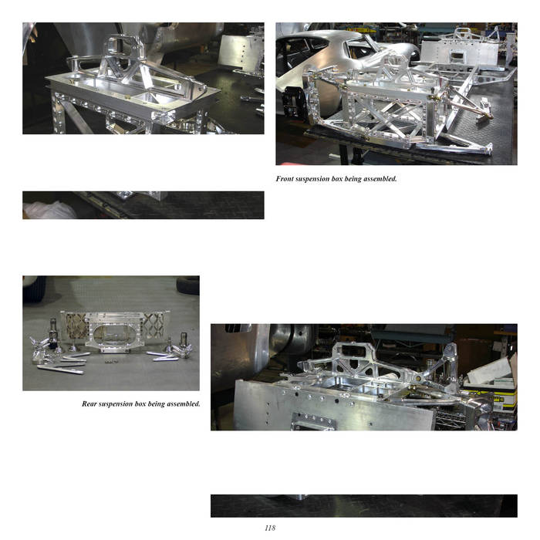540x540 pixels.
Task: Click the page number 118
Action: (270, 528)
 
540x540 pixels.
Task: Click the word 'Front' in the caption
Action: (285, 179)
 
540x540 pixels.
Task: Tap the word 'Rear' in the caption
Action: (89, 403)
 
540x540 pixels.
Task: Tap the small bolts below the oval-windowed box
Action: (110, 361)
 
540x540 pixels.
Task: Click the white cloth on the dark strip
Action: (50, 211)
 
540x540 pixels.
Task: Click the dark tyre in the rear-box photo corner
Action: (188, 285)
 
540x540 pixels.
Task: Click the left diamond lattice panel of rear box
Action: (75, 326)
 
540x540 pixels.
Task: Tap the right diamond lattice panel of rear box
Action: (154, 325)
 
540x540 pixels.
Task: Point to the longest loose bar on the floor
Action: (60, 370)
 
